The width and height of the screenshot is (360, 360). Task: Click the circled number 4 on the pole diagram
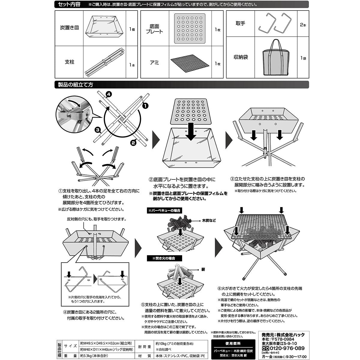(x=109, y=95)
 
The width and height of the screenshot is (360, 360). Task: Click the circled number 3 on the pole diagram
(x=97, y=130)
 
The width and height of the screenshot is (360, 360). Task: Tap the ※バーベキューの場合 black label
(x=164, y=211)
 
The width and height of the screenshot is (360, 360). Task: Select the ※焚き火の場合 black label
(x=161, y=258)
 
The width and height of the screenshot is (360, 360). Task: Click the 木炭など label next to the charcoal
(x=209, y=220)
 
